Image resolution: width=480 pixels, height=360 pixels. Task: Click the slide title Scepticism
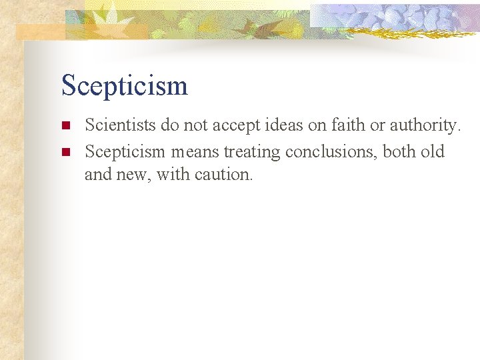point(125,86)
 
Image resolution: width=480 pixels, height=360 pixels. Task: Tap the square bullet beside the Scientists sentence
point(65,126)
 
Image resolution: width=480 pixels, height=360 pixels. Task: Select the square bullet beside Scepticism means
point(65,153)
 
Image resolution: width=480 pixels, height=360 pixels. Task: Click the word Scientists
point(120,125)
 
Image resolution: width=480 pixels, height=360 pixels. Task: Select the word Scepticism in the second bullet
point(125,152)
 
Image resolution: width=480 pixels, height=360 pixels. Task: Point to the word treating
point(252,152)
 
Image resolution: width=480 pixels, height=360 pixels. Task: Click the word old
point(433,152)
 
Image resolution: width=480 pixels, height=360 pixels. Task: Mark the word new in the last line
point(133,175)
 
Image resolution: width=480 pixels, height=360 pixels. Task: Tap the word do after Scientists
point(169,125)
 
